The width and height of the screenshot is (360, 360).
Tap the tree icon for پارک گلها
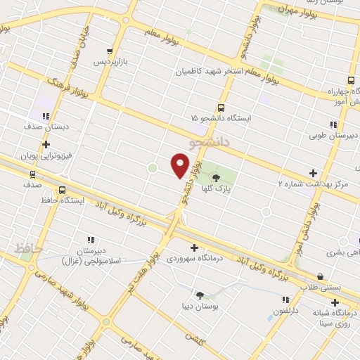(x=215, y=176)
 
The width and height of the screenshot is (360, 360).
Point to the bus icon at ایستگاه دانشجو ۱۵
(x=221, y=108)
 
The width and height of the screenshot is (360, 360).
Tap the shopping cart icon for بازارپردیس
(x=109, y=51)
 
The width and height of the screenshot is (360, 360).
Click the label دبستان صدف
(x=49, y=127)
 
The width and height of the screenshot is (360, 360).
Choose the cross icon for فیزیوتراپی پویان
(x=46, y=145)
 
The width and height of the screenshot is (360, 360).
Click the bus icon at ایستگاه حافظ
(x=63, y=190)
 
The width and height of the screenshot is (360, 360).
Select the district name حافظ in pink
(x=27, y=248)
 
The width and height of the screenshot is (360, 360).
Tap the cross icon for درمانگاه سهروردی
(x=194, y=247)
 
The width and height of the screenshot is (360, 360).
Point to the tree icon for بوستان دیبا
(x=200, y=295)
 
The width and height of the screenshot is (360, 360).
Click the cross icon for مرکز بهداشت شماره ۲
(x=313, y=172)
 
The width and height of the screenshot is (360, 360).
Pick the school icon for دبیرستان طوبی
(x=314, y=124)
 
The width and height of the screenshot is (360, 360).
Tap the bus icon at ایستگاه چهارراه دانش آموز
(x=349, y=80)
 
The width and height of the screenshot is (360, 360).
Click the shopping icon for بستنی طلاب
(x=321, y=276)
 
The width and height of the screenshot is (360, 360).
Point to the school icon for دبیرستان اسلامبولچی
(x=91, y=240)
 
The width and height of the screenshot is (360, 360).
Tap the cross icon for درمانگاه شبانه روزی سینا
(x=335, y=302)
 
